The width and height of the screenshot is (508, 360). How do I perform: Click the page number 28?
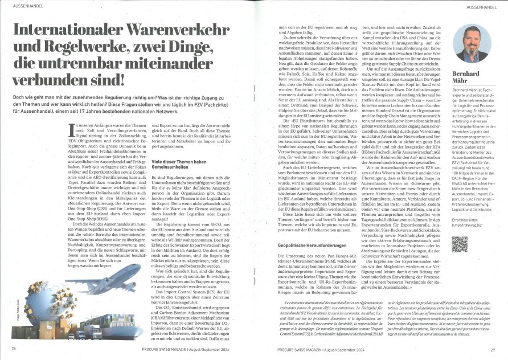click(13, 348)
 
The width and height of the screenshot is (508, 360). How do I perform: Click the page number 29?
click(494, 348)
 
